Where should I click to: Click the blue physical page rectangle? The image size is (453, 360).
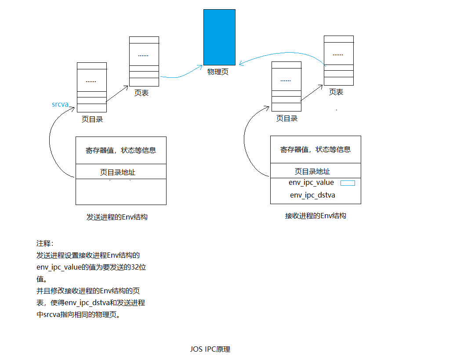tap(219, 37)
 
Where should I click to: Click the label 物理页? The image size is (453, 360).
tap(218, 72)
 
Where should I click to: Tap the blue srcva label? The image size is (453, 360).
tap(60, 104)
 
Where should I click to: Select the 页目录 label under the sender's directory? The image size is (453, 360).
tap(92, 119)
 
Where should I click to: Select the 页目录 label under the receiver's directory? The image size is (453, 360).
tap(287, 118)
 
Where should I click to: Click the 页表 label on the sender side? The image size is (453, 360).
tap(141, 93)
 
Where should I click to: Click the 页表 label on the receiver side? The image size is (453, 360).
tap(336, 92)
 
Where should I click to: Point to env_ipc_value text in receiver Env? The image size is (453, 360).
tap(311, 183)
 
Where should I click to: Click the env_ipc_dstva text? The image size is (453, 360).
tap(312, 195)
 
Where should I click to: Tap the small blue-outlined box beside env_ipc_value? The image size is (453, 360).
tap(348, 183)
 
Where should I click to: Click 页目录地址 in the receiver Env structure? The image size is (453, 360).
tap(312, 171)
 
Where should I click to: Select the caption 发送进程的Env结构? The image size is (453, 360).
tap(117, 217)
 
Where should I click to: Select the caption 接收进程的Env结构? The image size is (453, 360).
tap(315, 216)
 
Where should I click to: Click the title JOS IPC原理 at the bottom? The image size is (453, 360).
tap(210, 349)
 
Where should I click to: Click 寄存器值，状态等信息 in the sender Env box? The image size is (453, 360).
tap(121, 150)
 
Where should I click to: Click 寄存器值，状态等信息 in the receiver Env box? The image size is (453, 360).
tap(315, 149)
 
